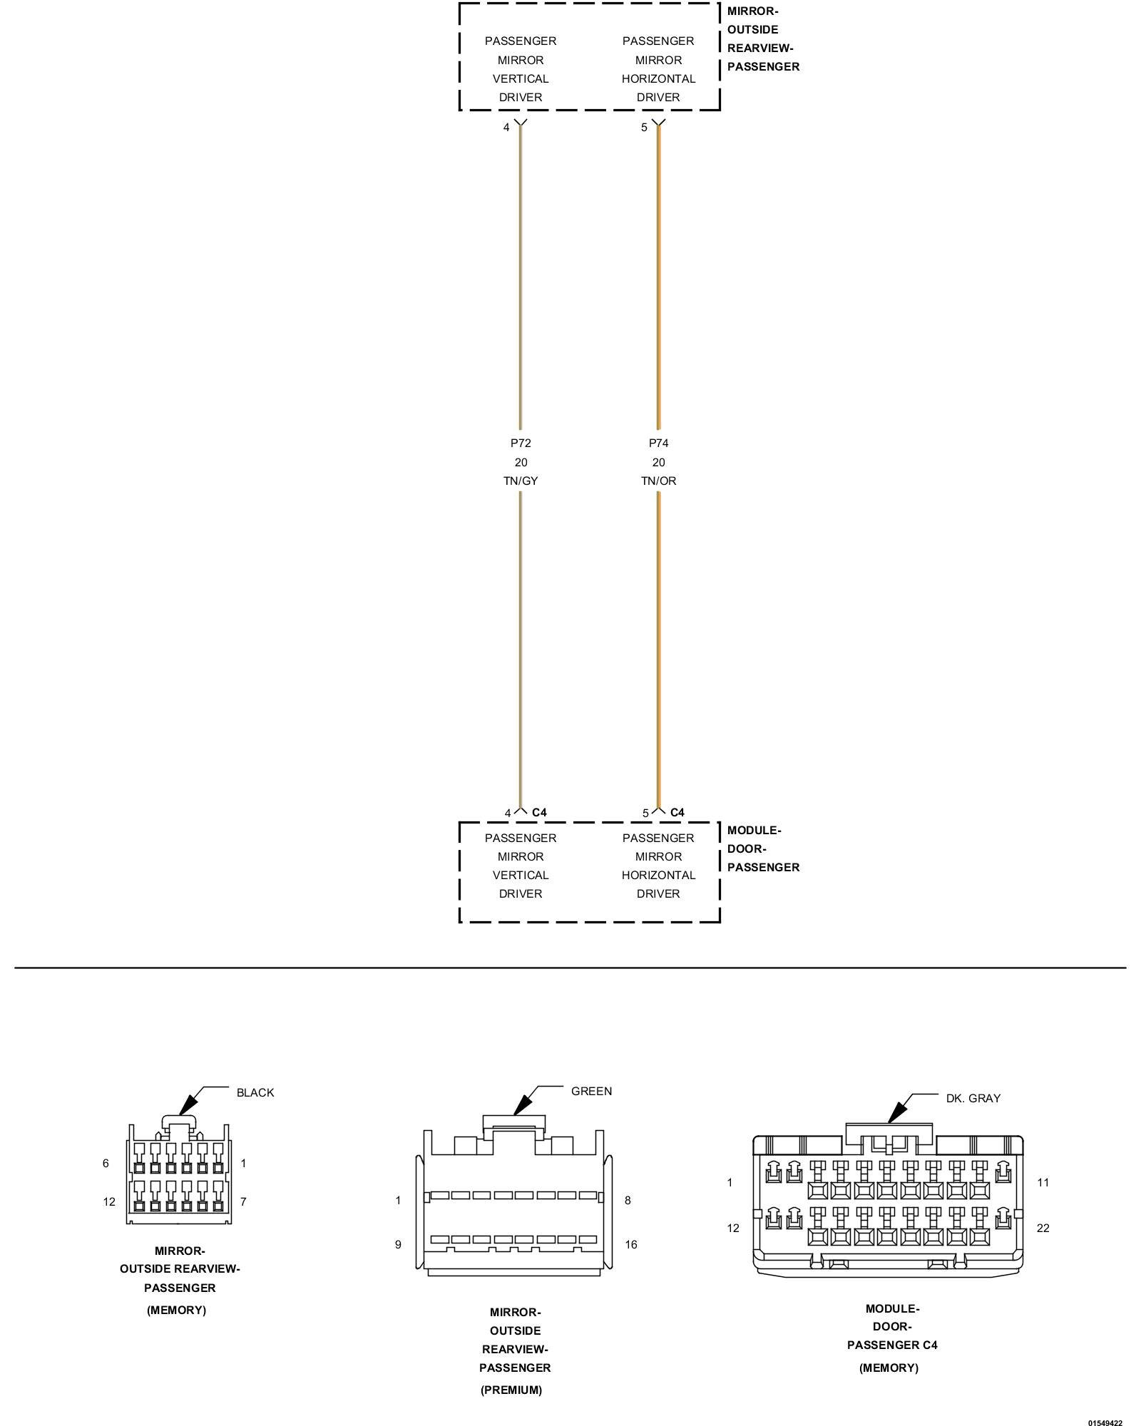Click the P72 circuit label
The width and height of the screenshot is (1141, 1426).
[x=521, y=443]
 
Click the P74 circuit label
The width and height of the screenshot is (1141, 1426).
[x=658, y=443]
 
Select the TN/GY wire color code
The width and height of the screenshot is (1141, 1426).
[x=521, y=481]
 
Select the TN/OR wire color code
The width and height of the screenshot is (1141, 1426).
[x=658, y=481]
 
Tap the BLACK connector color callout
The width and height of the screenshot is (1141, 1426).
[x=255, y=1092]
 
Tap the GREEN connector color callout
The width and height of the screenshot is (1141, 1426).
[x=591, y=1091]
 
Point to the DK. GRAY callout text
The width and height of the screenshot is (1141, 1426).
[x=973, y=1098]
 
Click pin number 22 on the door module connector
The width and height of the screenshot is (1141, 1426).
[x=1043, y=1228]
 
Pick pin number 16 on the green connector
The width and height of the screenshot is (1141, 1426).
[x=630, y=1244]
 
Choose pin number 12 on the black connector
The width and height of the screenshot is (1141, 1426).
[x=108, y=1201]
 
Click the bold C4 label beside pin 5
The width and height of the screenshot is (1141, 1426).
[x=677, y=812]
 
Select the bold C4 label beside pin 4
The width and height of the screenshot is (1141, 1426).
[x=539, y=812]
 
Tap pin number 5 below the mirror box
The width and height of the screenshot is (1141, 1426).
[x=644, y=127]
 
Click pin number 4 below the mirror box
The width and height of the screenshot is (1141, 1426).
[x=506, y=127]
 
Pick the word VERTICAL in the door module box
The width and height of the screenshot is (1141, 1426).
[x=521, y=875]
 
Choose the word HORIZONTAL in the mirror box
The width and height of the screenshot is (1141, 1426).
[x=658, y=78]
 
